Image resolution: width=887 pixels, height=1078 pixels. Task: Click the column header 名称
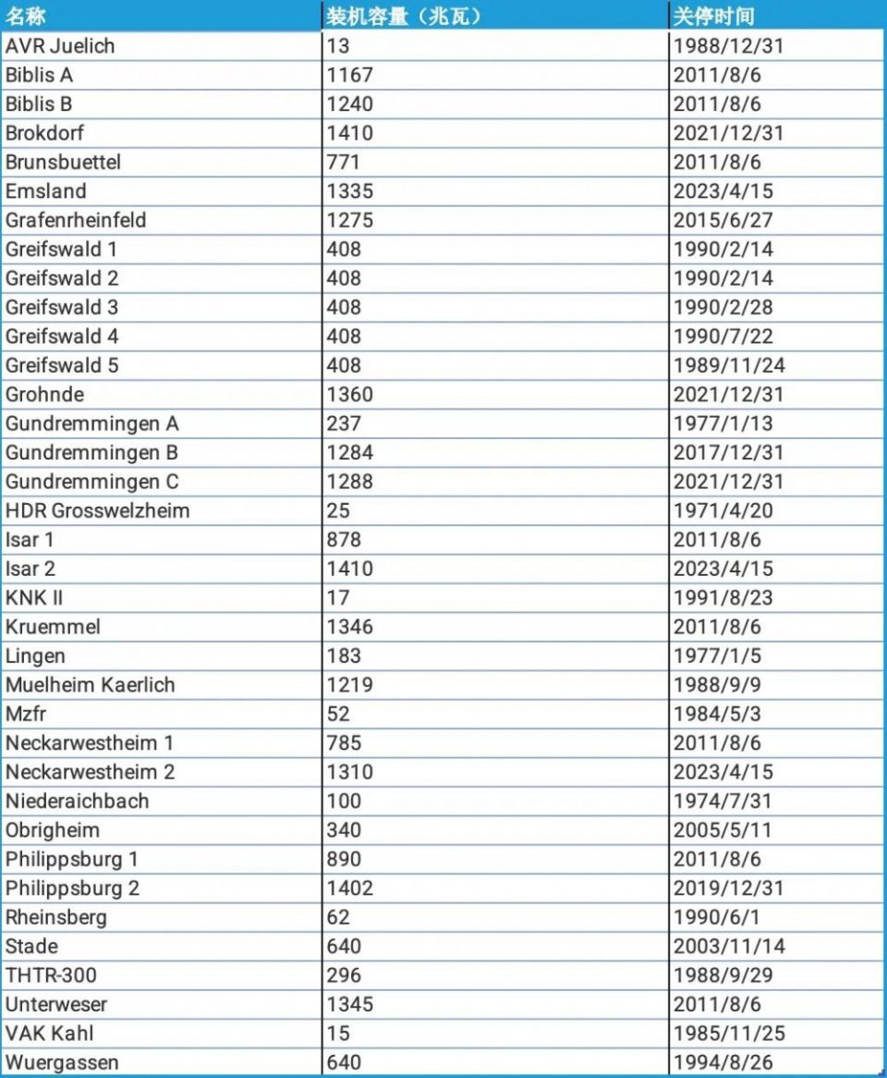tap(26, 16)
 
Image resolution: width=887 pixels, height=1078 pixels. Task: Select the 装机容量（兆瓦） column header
tap(404, 16)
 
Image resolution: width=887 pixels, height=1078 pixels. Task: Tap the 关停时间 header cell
tap(713, 16)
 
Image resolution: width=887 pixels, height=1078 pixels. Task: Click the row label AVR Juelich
tap(60, 45)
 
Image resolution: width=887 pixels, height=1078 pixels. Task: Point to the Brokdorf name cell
tap(44, 133)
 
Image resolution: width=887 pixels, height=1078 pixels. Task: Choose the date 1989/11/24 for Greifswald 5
tap(729, 365)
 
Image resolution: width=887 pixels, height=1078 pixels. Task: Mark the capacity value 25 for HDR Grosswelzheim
tap(338, 510)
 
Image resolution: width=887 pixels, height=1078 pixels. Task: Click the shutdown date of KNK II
tap(723, 597)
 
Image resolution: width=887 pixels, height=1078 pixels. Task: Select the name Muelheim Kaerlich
tap(90, 684)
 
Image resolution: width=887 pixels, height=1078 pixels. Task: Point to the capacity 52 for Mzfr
tap(338, 714)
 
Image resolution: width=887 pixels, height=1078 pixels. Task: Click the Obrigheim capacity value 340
tap(344, 830)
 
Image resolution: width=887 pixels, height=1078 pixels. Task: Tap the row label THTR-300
tap(51, 975)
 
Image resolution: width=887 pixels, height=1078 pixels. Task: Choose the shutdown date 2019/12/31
tap(729, 888)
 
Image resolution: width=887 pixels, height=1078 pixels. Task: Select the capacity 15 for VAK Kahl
tap(338, 1033)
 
